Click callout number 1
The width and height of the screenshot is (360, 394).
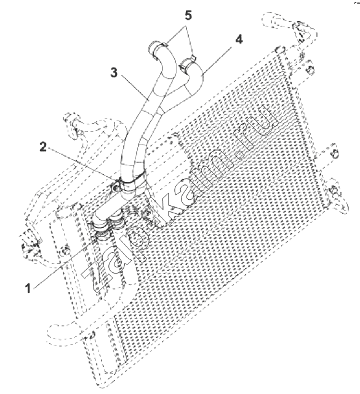(x=28, y=288)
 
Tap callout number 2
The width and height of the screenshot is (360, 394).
(x=43, y=147)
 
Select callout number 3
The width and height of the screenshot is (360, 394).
(x=114, y=73)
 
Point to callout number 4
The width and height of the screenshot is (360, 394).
(x=239, y=40)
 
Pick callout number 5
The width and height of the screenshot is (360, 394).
(x=188, y=15)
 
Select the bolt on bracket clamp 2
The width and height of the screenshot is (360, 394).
(x=116, y=188)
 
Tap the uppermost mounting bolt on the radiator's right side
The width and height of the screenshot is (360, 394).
(x=311, y=69)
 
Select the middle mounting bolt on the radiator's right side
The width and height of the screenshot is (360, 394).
(x=335, y=154)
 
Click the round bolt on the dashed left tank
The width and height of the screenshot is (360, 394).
(x=65, y=251)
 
